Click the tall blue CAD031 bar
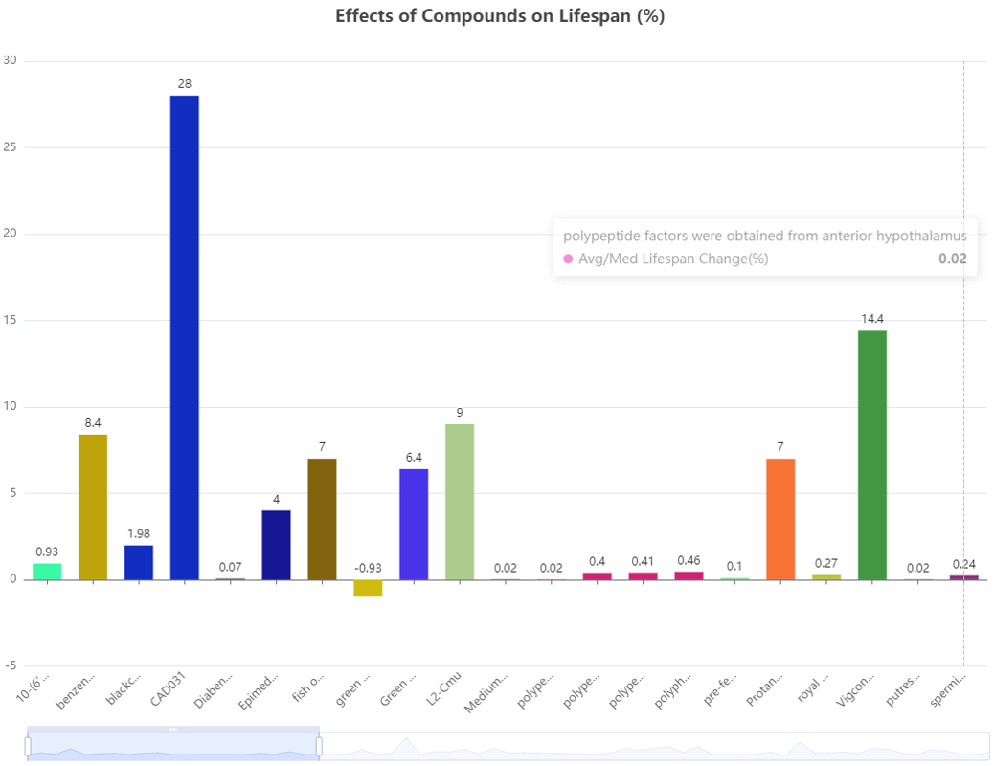click(184, 335)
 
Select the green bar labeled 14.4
click(871, 455)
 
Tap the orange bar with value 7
click(780, 519)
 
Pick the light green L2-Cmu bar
click(460, 502)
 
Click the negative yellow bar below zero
click(368, 588)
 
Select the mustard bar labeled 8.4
click(93, 507)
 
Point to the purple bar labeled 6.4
click(414, 525)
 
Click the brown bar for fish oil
click(322, 519)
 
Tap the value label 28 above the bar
click(184, 84)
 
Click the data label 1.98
click(139, 533)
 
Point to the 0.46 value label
click(689, 559)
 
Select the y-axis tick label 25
click(11, 147)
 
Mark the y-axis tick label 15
click(11, 320)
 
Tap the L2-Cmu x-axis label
click(446, 691)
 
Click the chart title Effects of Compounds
click(500, 16)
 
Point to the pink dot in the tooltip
click(568, 259)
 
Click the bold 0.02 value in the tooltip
click(952, 259)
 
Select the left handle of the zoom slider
click(28, 745)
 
